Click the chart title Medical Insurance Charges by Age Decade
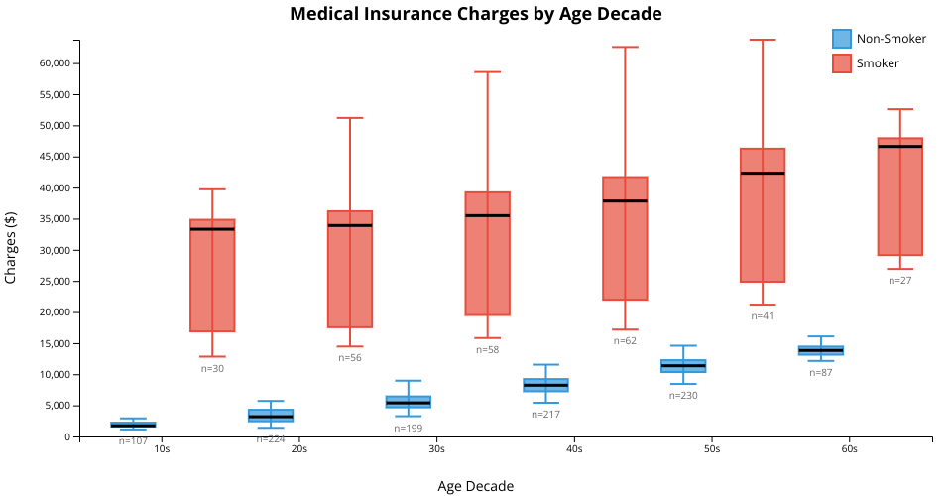coord(476,14)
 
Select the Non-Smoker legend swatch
coord(842,39)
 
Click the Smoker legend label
coord(878,63)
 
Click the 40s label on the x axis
coord(574,449)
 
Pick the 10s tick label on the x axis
coord(162,449)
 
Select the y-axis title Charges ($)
coord(12,248)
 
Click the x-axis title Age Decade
coord(476,486)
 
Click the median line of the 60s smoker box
coord(900,146)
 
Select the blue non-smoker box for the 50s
coord(683,366)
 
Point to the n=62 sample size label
coord(625,341)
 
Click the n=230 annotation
coord(683,395)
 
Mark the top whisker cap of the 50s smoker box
coord(763,40)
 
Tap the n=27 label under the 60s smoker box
coord(899,281)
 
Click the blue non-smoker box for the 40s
coord(546,385)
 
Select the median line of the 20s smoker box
coord(350,225)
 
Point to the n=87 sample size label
coord(821,373)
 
